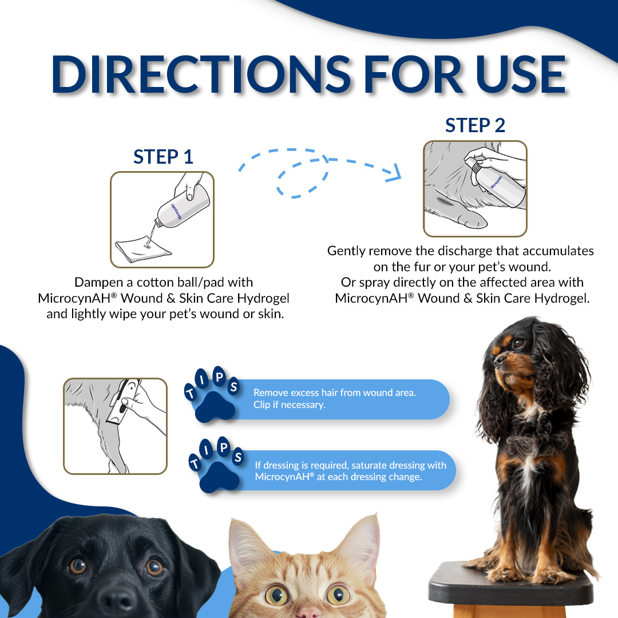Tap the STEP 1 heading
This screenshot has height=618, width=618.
point(163,157)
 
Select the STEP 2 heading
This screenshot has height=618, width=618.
point(475,125)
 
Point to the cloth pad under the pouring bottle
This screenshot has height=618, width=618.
point(142,249)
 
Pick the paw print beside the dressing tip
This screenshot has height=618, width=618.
point(219,477)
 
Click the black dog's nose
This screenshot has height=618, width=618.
point(117,600)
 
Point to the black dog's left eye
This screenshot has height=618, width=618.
point(154,568)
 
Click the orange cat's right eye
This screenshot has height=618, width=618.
point(276,595)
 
